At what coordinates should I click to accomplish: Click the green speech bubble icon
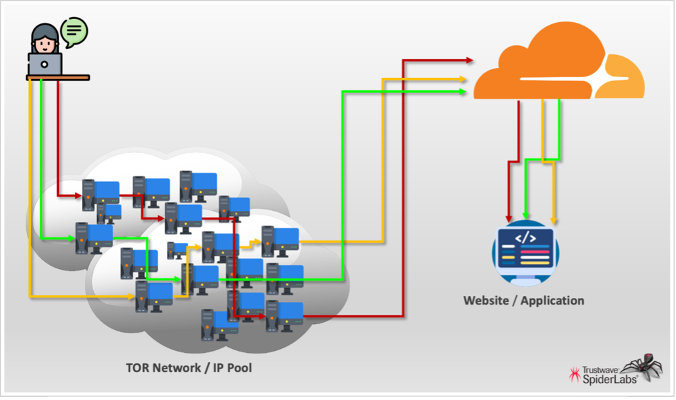(74, 30)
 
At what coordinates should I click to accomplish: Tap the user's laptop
(45, 64)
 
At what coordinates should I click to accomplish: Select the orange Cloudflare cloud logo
(557, 65)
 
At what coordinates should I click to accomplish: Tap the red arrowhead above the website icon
(508, 217)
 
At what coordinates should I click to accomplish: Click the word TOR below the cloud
(138, 367)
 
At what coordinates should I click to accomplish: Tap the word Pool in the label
(238, 367)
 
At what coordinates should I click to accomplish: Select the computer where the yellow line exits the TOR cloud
(280, 241)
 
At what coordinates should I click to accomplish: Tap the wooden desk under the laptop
(58, 78)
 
